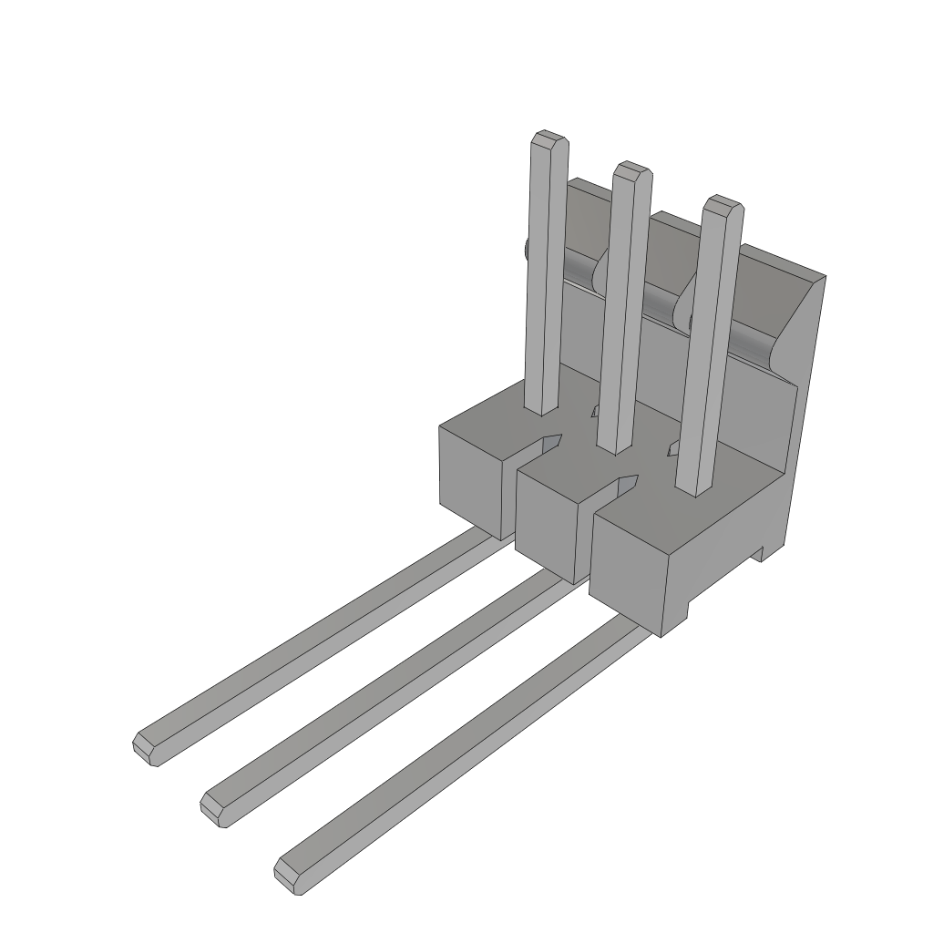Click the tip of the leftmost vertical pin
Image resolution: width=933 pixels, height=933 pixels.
(x=550, y=138)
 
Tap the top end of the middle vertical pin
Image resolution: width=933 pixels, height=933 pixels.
(x=631, y=170)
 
